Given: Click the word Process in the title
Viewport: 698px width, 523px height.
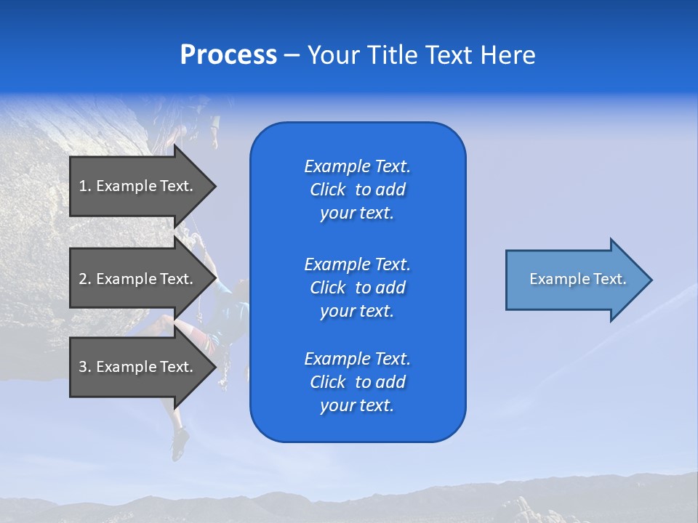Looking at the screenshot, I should click(x=228, y=55).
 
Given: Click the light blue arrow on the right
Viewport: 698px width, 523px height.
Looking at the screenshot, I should click(x=574, y=280).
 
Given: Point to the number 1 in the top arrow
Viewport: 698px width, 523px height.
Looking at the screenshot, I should click(x=84, y=186).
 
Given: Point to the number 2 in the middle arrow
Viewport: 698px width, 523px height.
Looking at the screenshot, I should click(x=84, y=279).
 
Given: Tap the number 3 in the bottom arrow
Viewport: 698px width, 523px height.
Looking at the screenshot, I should click(x=84, y=367).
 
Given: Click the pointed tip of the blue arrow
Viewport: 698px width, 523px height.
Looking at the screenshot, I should click(x=649, y=280).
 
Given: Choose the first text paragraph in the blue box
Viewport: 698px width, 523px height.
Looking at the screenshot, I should click(x=357, y=190).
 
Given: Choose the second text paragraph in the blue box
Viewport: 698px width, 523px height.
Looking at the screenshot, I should click(x=357, y=287).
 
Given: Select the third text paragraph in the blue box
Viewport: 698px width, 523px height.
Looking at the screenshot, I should click(x=357, y=382).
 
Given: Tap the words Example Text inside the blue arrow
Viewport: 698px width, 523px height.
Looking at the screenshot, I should click(x=577, y=279).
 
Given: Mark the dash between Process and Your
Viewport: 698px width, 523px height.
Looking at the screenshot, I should click(x=292, y=55).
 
